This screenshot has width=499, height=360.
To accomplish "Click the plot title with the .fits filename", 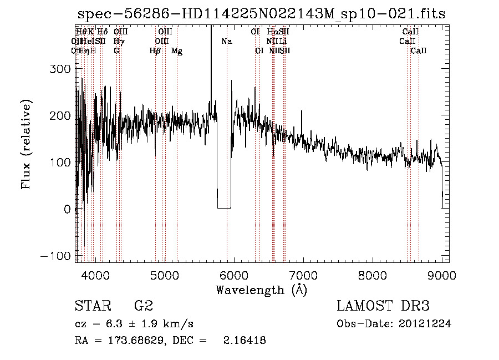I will [261, 14].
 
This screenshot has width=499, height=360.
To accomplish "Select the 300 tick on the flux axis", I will [61, 69].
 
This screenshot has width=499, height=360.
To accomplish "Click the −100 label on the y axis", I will [55, 256].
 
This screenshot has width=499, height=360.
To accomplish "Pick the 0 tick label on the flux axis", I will [67, 209].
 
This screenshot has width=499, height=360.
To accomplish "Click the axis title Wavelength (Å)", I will [261, 290].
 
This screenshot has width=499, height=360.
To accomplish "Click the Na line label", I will [227, 42].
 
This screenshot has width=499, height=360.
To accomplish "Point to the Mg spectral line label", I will [177, 51].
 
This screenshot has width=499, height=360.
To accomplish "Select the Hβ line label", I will [155, 51].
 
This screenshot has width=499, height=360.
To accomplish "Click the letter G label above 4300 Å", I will [116, 51].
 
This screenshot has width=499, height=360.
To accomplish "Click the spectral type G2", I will [143, 306].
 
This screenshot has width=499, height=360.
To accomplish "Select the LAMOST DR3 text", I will [383, 306].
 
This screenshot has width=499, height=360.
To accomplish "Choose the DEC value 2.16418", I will [244, 341].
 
